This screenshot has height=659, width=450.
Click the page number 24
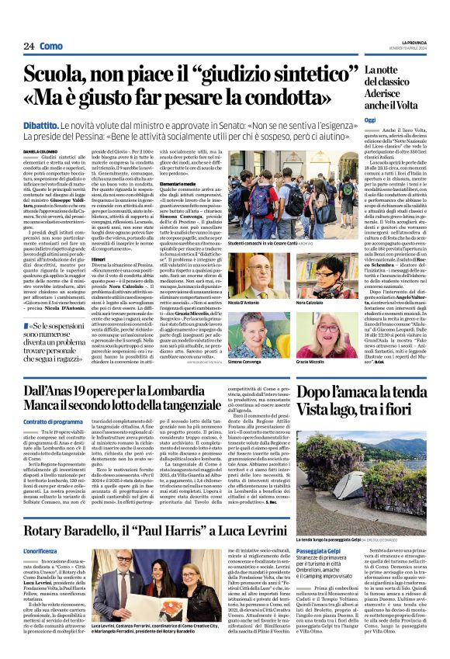[x=28, y=46]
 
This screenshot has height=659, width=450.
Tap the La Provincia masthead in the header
[x=409, y=43]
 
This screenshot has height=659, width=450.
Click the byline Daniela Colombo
[x=40, y=151]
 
